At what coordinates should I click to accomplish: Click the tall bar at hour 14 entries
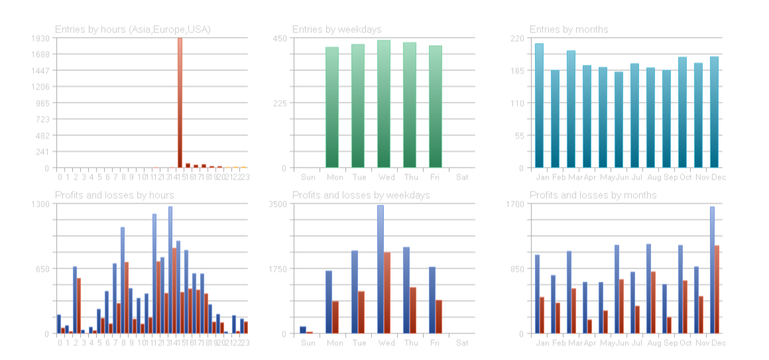(x=180, y=103)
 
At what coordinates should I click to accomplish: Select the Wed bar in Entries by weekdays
(x=384, y=104)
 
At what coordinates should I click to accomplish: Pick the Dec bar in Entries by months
(x=714, y=113)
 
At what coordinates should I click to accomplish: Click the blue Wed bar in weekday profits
(x=381, y=269)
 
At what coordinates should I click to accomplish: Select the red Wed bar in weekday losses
(x=387, y=292)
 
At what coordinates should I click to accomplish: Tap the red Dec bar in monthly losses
(x=717, y=289)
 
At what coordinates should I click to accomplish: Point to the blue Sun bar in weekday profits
(x=303, y=330)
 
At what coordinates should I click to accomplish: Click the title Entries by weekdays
(x=337, y=29)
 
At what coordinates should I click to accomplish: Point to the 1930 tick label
(x=40, y=38)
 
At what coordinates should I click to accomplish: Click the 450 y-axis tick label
(x=280, y=38)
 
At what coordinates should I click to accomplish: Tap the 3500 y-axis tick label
(x=278, y=204)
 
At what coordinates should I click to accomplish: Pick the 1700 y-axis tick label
(x=515, y=204)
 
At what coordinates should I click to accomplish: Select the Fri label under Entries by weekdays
(x=435, y=177)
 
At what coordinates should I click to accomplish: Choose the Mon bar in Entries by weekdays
(x=332, y=107)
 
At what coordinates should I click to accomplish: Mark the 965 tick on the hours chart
(x=42, y=103)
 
